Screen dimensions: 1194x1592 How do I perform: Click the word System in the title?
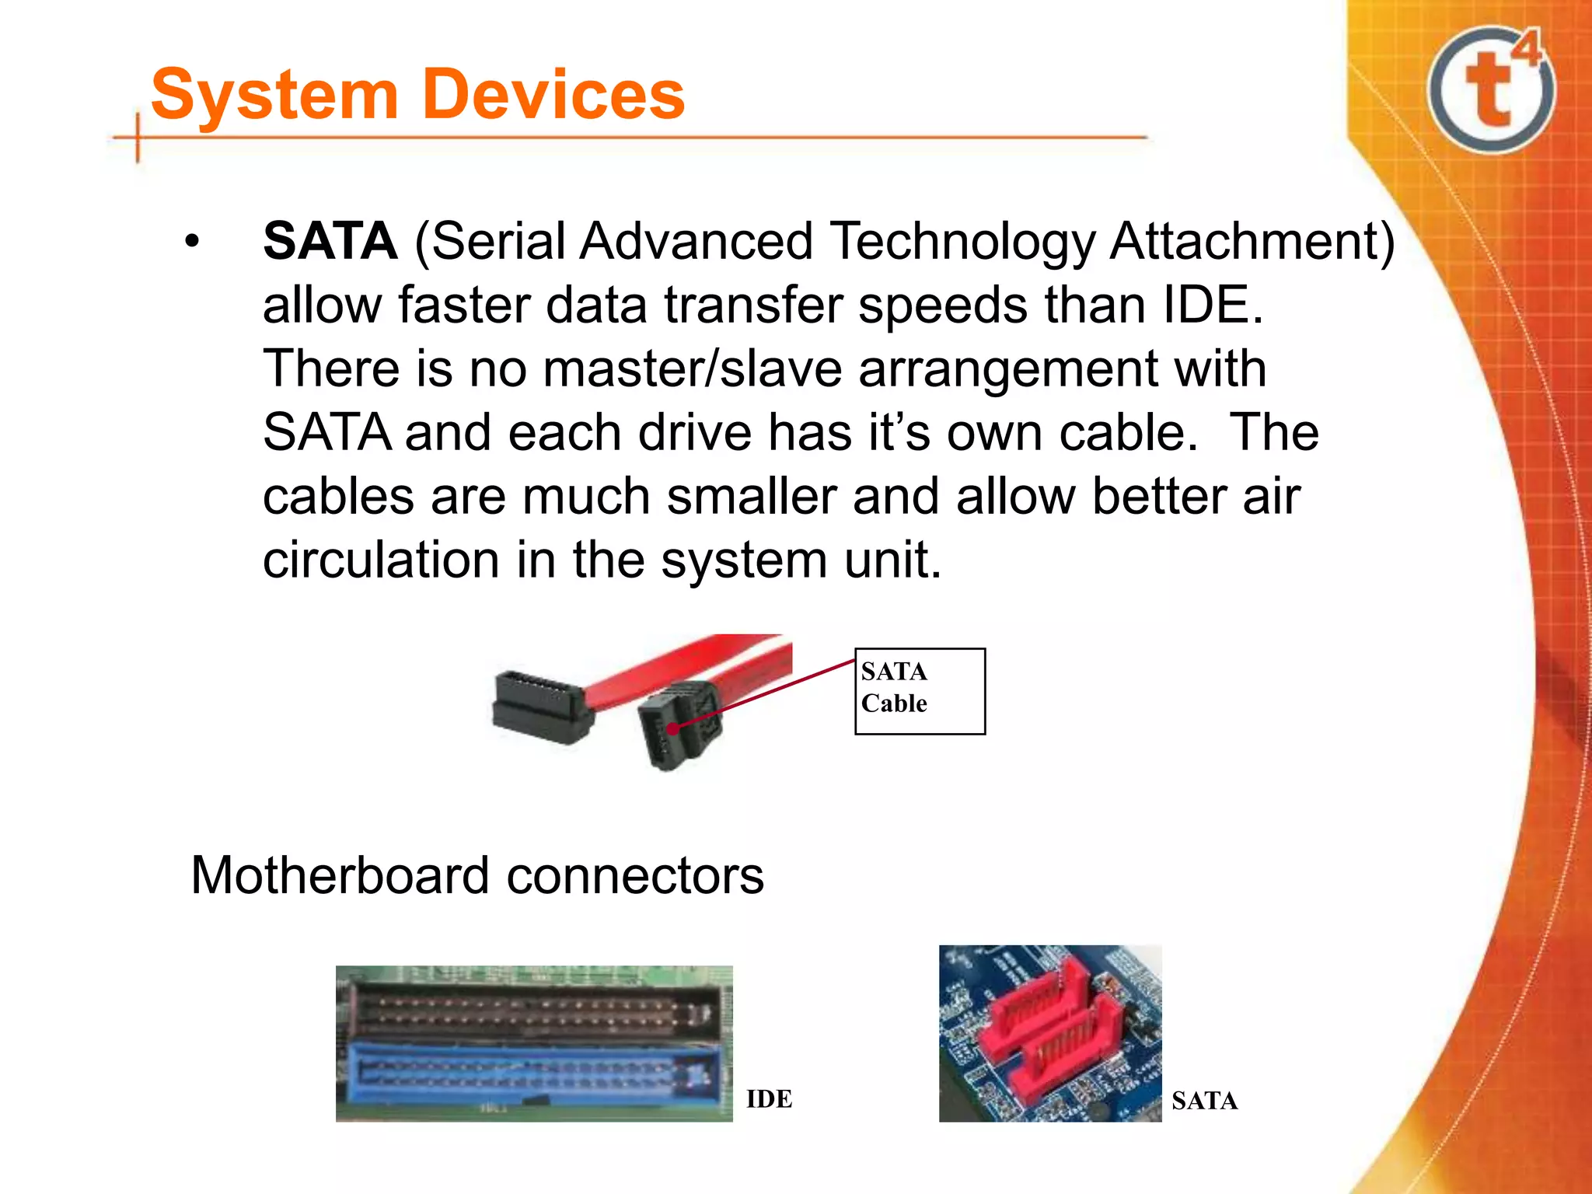point(274,95)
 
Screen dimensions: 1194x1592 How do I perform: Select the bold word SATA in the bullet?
point(330,241)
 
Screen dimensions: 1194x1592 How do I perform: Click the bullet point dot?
point(192,243)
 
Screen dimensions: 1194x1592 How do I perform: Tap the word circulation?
point(381,560)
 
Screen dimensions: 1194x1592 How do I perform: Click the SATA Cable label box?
point(920,690)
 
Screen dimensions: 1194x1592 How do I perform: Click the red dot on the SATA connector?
point(672,728)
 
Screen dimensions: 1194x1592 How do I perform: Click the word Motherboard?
point(340,876)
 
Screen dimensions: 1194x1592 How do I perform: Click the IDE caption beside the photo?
point(769,1098)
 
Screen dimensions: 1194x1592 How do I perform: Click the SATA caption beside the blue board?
point(1204,1100)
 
